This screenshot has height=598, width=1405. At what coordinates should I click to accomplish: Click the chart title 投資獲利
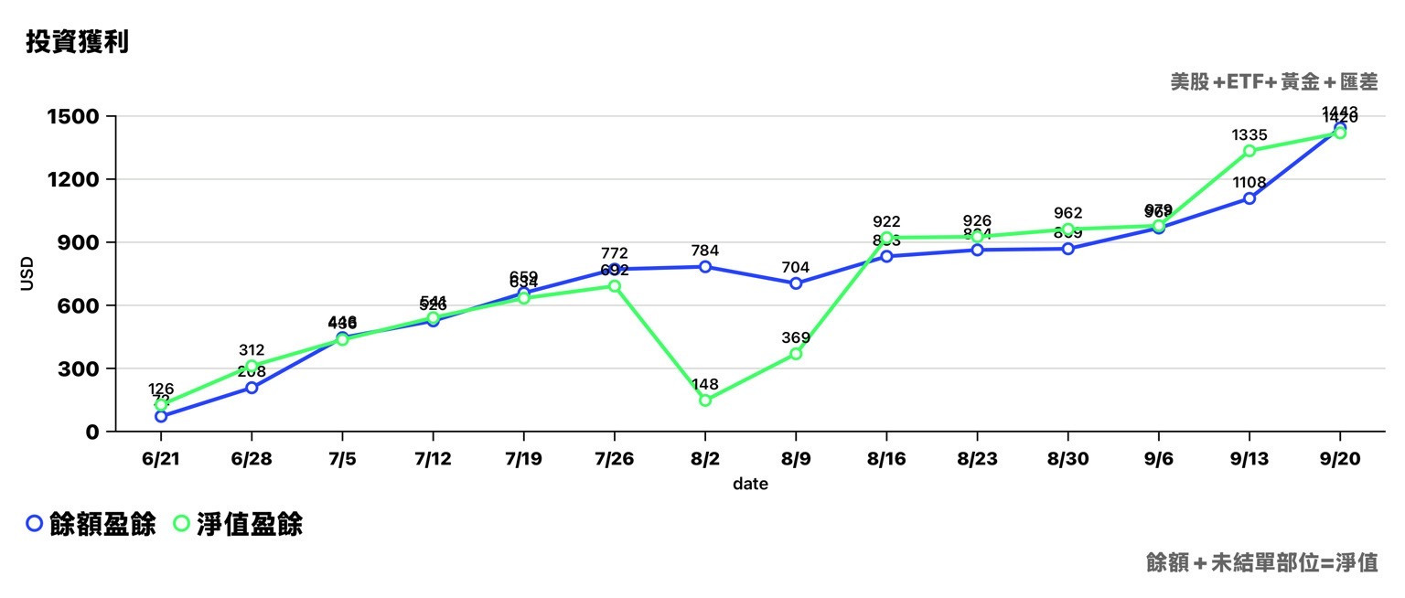click(77, 42)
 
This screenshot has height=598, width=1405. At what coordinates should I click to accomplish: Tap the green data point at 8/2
click(705, 400)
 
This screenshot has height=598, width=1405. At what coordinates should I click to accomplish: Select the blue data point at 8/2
click(705, 267)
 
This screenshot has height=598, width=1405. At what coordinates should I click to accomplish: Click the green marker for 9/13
click(1249, 151)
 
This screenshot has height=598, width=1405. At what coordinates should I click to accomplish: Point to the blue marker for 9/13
click(1249, 198)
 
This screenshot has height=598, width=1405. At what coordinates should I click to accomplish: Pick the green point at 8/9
click(796, 354)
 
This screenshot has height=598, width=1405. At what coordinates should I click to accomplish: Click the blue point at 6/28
click(252, 388)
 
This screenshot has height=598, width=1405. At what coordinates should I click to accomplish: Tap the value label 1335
click(1249, 135)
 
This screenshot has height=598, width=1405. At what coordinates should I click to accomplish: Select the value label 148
click(705, 384)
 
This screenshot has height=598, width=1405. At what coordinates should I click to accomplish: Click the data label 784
click(705, 251)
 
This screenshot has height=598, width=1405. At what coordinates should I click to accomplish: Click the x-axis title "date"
click(750, 484)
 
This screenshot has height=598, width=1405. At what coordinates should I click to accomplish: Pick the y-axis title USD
click(27, 274)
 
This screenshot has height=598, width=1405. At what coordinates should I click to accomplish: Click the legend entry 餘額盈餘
click(91, 524)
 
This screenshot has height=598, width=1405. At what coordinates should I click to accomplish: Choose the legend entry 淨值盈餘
click(238, 524)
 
